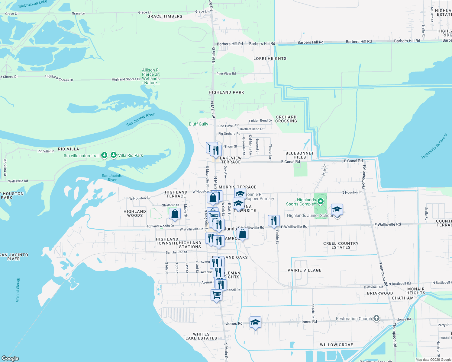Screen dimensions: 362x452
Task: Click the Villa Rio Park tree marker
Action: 114,155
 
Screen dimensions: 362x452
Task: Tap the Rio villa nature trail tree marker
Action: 104,155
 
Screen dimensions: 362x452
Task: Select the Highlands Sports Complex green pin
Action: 321,201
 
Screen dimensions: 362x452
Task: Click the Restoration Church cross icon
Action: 376,318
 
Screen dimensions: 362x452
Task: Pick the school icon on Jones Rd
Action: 255,322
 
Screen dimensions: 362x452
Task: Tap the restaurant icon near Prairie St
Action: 274,221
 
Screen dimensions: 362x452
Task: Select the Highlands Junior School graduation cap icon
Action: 337,209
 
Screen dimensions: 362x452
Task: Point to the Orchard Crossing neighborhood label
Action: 286,119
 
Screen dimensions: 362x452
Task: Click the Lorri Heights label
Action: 270,59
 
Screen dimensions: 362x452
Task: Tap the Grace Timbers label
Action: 165,16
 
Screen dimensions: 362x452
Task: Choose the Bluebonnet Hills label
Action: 299,155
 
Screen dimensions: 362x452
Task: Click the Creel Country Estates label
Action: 341,245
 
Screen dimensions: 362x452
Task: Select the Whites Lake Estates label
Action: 201,336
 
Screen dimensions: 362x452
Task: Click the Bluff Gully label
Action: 198,124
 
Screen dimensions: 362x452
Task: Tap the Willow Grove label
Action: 336,345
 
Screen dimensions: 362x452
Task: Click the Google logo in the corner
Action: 10,358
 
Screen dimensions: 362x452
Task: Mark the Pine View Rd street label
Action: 226,74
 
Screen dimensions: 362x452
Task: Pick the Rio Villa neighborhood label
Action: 68,149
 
